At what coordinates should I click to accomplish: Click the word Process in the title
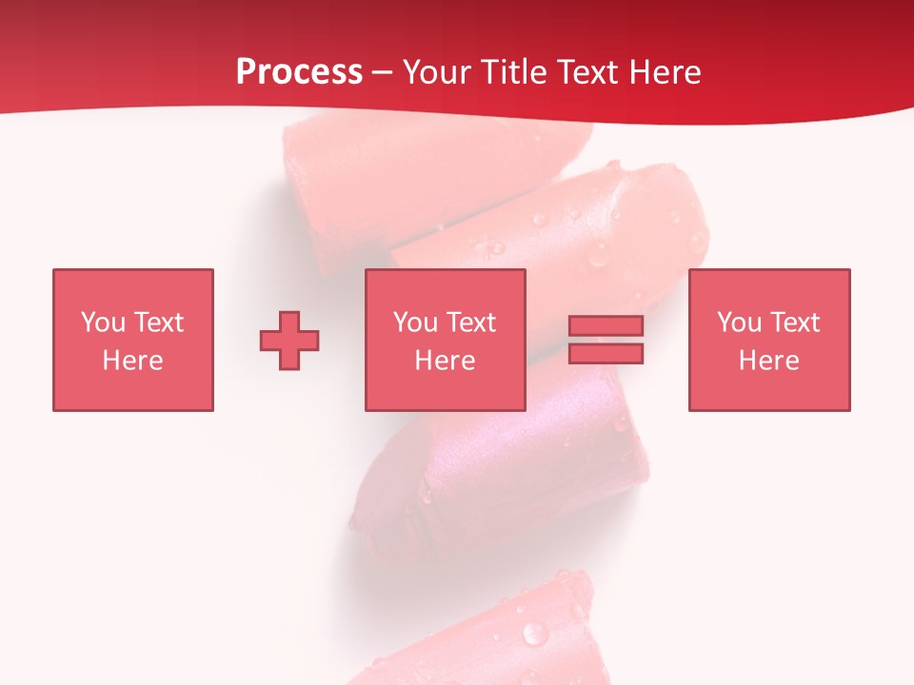coord(299,72)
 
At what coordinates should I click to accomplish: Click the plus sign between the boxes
coord(289,340)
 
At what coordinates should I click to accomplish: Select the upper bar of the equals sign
coord(606,325)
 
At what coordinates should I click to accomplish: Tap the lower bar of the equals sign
coord(606,354)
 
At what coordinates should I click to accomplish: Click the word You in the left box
coord(103,323)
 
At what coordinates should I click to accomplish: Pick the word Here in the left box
coord(132,361)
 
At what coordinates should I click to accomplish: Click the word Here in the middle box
coord(445,361)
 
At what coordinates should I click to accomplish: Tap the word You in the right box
coord(739,323)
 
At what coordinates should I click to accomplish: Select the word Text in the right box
coord(794,323)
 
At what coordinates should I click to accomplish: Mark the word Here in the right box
coord(768,361)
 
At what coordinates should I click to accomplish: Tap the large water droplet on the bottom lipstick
coord(536,633)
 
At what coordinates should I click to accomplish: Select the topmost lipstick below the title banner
coord(381,181)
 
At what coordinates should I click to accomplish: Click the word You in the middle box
coord(415,323)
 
